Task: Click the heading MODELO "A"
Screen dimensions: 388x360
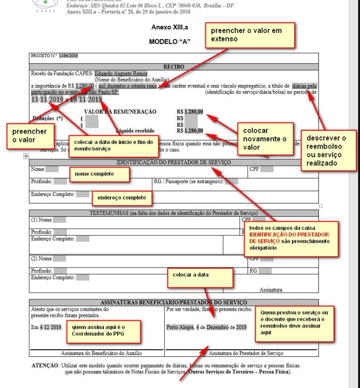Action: coord(169,42)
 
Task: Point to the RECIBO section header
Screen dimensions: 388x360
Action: coord(173,67)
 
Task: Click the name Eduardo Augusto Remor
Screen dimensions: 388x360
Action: coord(121,73)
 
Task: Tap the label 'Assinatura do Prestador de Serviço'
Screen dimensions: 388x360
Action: coord(246,353)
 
